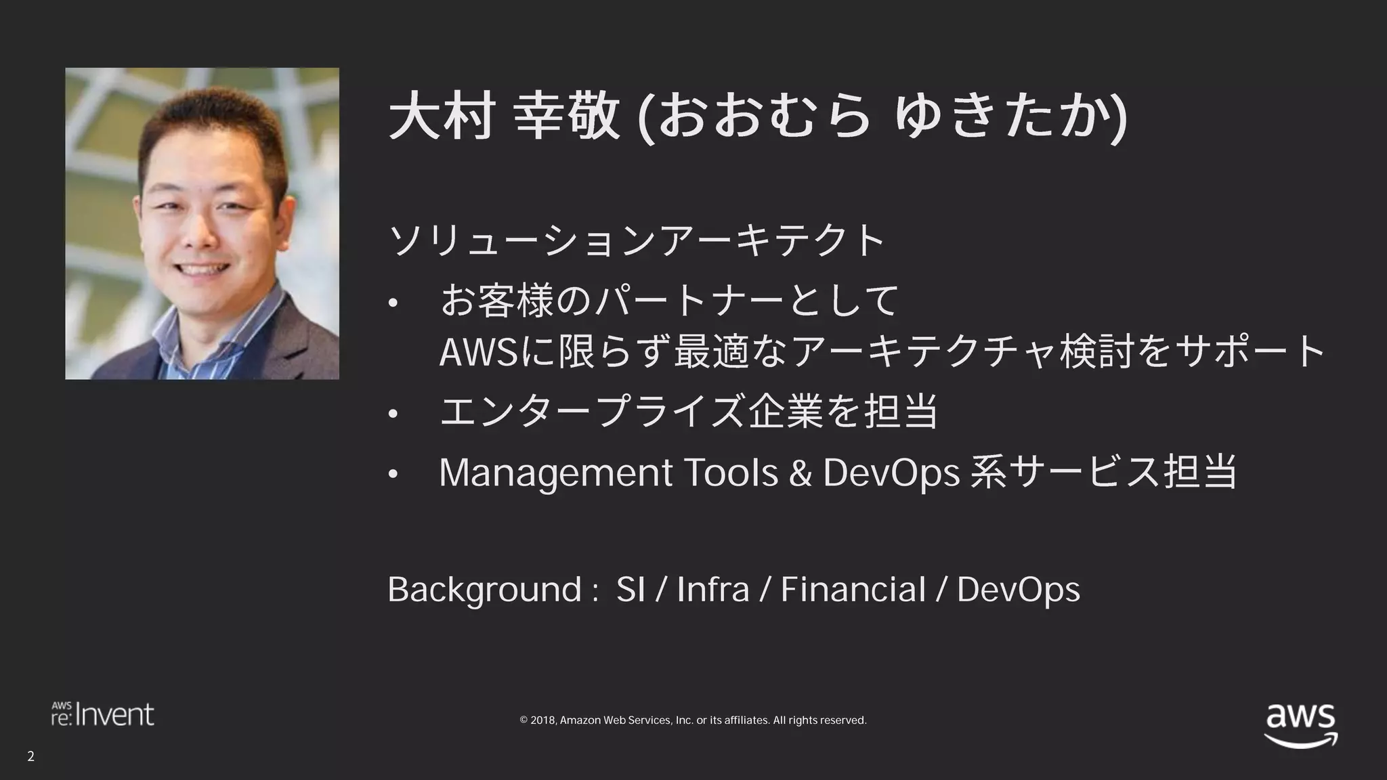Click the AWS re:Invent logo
point(103,714)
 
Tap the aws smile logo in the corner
point(1300,725)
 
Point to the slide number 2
point(30,756)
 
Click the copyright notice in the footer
point(693,720)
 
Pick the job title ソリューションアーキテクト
point(637,240)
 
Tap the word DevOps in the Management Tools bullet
point(891,473)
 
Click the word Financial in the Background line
point(853,590)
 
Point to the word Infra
point(712,590)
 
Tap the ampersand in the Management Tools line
point(800,473)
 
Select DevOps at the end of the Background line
point(1018,590)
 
